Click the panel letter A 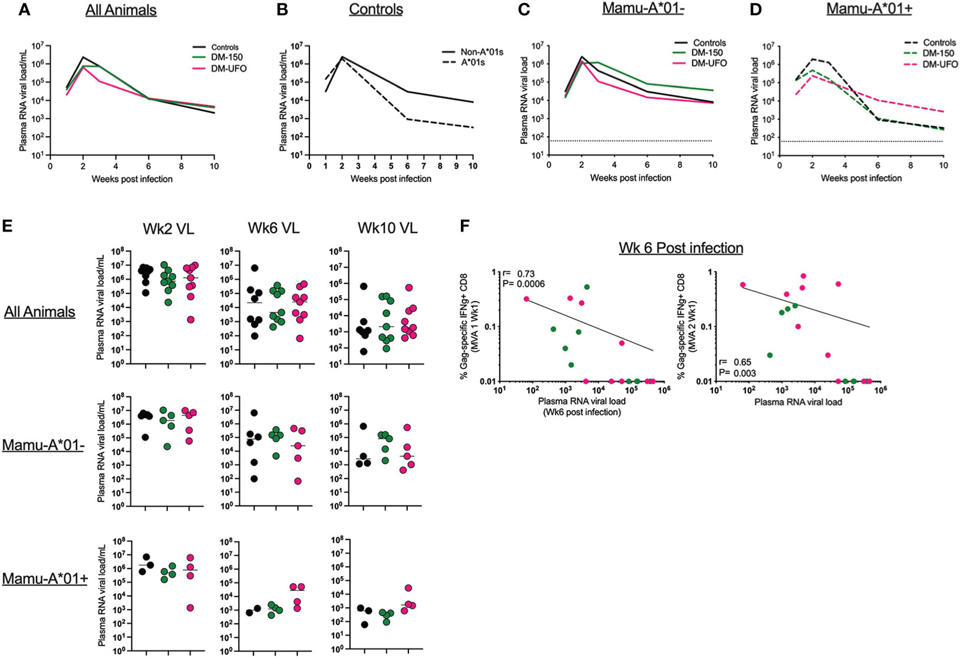(24, 10)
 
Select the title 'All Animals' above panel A (121, 11)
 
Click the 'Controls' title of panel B (376, 10)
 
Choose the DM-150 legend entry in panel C (710, 53)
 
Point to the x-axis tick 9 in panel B (456, 166)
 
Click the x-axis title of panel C (631, 178)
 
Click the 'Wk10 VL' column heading (387, 228)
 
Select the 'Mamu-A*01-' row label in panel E (43, 445)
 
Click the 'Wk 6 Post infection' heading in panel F (681, 248)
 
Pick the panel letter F (464, 226)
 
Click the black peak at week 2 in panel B (342, 57)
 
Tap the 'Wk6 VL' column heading (277, 228)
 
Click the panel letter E (8, 226)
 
